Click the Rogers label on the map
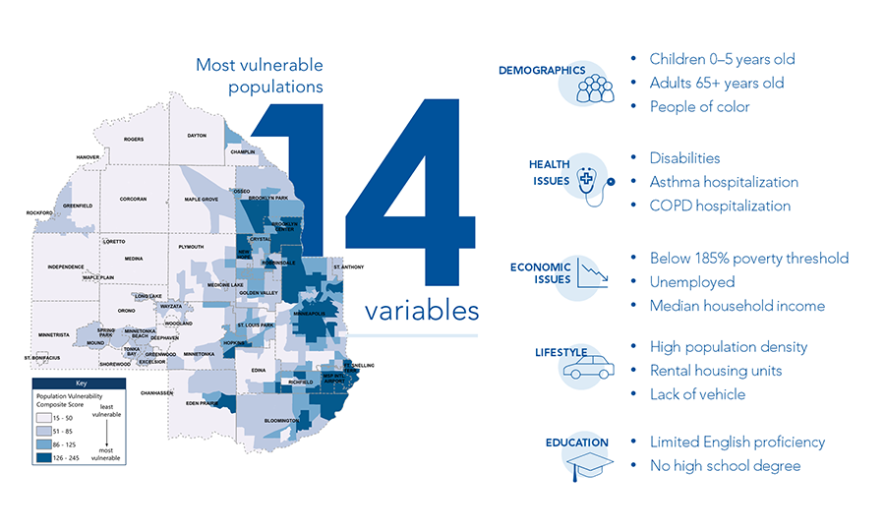[x=133, y=140]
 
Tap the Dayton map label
[x=196, y=135]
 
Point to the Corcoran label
[x=133, y=200]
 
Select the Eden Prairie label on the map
[x=202, y=403]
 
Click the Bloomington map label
[x=284, y=421]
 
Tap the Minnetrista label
[x=51, y=335]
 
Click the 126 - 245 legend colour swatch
[x=45, y=457]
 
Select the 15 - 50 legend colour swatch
[x=45, y=418]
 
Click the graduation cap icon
[x=590, y=462]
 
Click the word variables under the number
[x=422, y=311]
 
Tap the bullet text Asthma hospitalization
[x=724, y=182]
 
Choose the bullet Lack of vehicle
[x=697, y=394]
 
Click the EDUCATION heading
[x=576, y=442]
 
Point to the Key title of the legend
[x=82, y=383]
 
